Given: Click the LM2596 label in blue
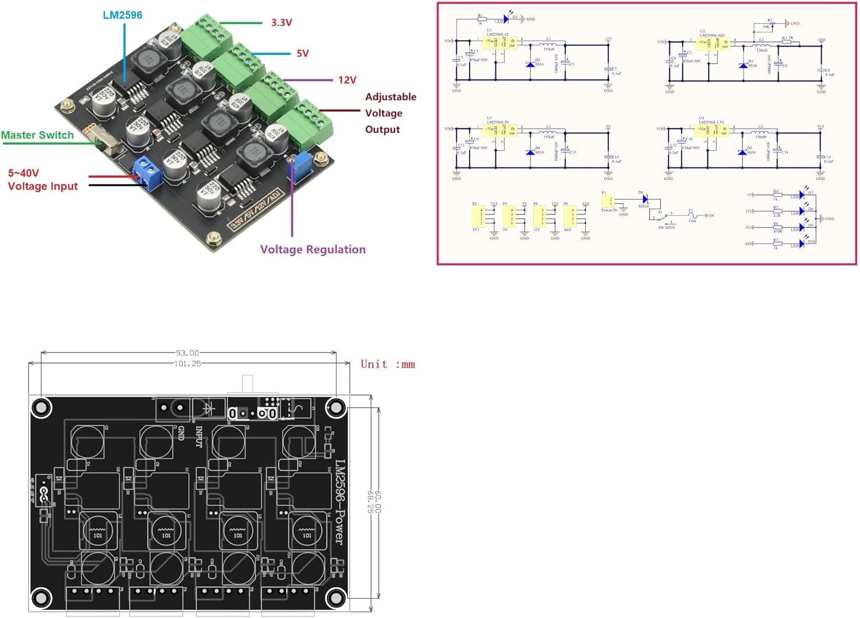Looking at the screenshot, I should click(x=122, y=15).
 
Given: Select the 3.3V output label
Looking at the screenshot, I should click(x=282, y=23).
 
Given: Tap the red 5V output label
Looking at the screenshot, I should click(x=302, y=53).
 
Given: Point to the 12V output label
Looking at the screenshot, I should click(x=347, y=80).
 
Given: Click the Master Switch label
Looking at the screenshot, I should click(x=37, y=135).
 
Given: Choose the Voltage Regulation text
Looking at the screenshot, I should click(x=312, y=249).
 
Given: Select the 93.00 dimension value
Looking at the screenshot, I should click(x=187, y=353).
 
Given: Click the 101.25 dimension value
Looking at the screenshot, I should click(x=187, y=363).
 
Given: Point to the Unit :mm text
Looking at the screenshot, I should click(x=388, y=364).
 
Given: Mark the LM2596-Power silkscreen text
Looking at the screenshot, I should click(x=340, y=502).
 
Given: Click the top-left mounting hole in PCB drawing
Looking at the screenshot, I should click(x=41, y=408).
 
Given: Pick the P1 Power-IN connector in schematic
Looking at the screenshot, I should click(x=608, y=201).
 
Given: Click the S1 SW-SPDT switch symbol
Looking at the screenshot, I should click(x=665, y=216).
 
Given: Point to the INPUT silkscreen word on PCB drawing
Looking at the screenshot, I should click(x=199, y=437).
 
